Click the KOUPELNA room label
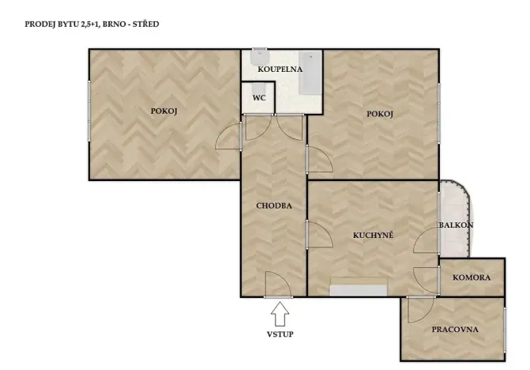pos(280,70)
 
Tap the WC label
pos(259,98)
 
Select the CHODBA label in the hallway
pos(274,206)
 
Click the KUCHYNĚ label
pos(373,235)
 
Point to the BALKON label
pos(456,225)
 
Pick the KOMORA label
pos(472,277)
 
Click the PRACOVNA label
pos(455,329)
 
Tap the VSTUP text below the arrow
pos(280,334)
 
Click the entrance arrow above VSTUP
pos(280,314)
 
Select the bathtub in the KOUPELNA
pos(310,73)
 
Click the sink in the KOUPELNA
pos(260,57)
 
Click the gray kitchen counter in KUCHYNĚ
pos(358,290)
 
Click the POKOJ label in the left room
pos(164,111)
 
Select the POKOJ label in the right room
pos(380,114)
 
